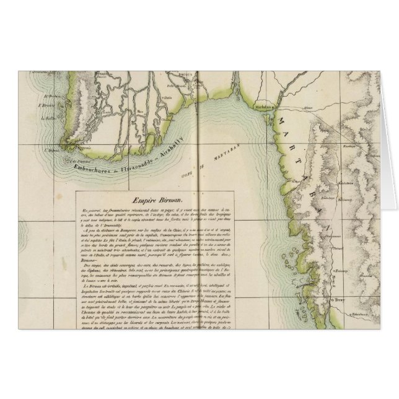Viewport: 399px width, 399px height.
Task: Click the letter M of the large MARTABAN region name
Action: tap(278, 118)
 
